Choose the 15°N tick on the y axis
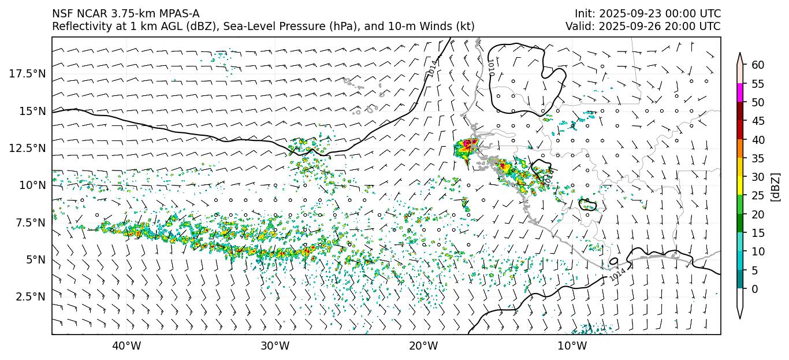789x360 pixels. (31, 111)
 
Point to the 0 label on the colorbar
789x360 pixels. (754, 289)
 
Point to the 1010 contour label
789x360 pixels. (491, 65)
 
